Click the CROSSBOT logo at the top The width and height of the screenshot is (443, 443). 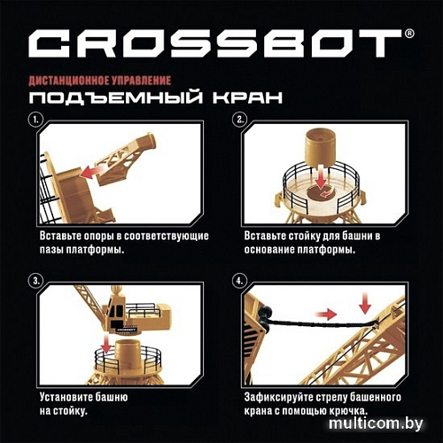pyautogui.click(x=216, y=44)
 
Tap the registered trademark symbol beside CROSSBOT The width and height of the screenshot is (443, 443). pyautogui.click(x=408, y=35)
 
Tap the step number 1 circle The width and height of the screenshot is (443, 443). pyautogui.click(x=35, y=119)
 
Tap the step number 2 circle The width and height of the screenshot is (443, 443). pyautogui.click(x=239, y=119)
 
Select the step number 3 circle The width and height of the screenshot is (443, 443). pyautogui.click(x=35, y=281)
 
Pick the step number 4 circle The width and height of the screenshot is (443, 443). pyautogui.click(x=239, y=281)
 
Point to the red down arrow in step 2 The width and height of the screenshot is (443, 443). pyautogui.click(x=320, y=178)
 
